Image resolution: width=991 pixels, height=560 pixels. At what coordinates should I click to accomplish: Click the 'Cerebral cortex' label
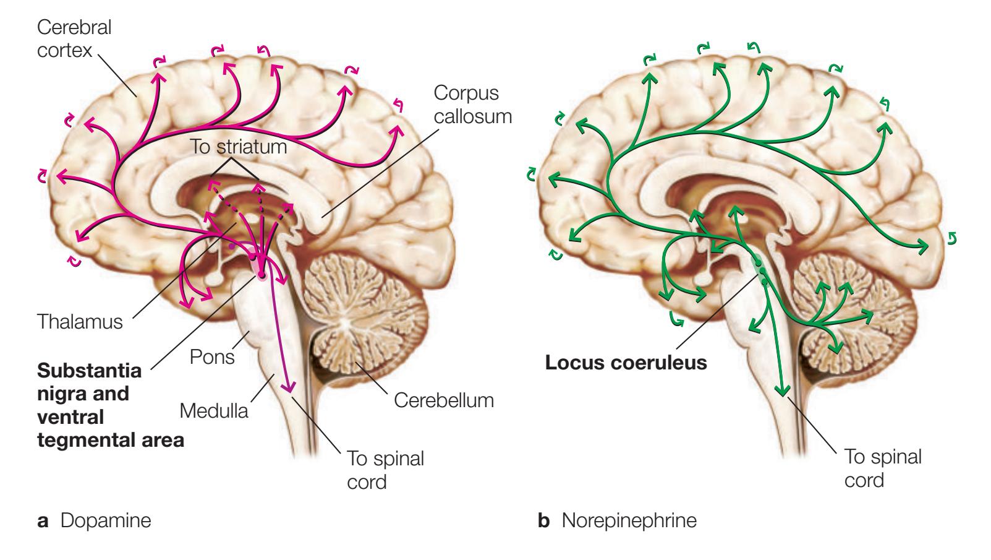(74, 38)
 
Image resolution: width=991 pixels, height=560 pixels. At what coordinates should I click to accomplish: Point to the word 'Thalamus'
(79, 322)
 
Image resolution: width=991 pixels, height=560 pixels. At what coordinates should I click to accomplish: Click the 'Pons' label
(212, 357)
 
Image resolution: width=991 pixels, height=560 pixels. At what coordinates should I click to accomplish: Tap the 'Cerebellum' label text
(444, 400)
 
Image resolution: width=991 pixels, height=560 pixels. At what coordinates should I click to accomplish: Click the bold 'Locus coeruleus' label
(626, 362)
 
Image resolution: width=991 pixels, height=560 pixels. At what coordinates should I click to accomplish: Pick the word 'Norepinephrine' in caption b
(629, 520)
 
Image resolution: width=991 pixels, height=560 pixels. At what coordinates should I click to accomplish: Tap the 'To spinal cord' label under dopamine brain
(385, 470)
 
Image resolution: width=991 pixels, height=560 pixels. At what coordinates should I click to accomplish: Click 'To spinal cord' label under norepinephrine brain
(882, 468)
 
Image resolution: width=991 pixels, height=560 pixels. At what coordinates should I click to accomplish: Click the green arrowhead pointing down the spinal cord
(782, 389)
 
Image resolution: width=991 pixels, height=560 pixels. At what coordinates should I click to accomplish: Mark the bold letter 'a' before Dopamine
(43, 521)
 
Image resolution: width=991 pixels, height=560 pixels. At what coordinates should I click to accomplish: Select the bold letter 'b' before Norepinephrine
(544, 520)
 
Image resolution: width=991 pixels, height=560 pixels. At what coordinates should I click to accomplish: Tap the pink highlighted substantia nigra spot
(261, 272)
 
